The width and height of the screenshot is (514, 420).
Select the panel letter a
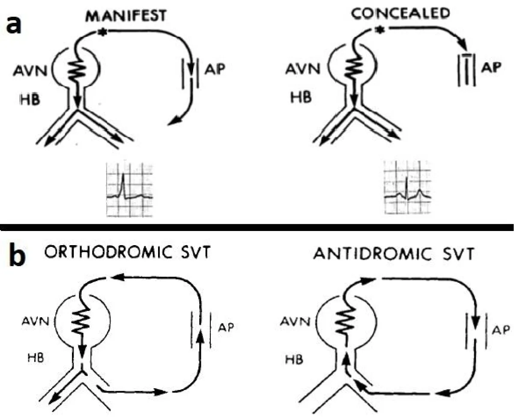15,25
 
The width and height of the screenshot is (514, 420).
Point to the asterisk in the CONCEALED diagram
378,30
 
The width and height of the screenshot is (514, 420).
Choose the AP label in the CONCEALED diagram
489,69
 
